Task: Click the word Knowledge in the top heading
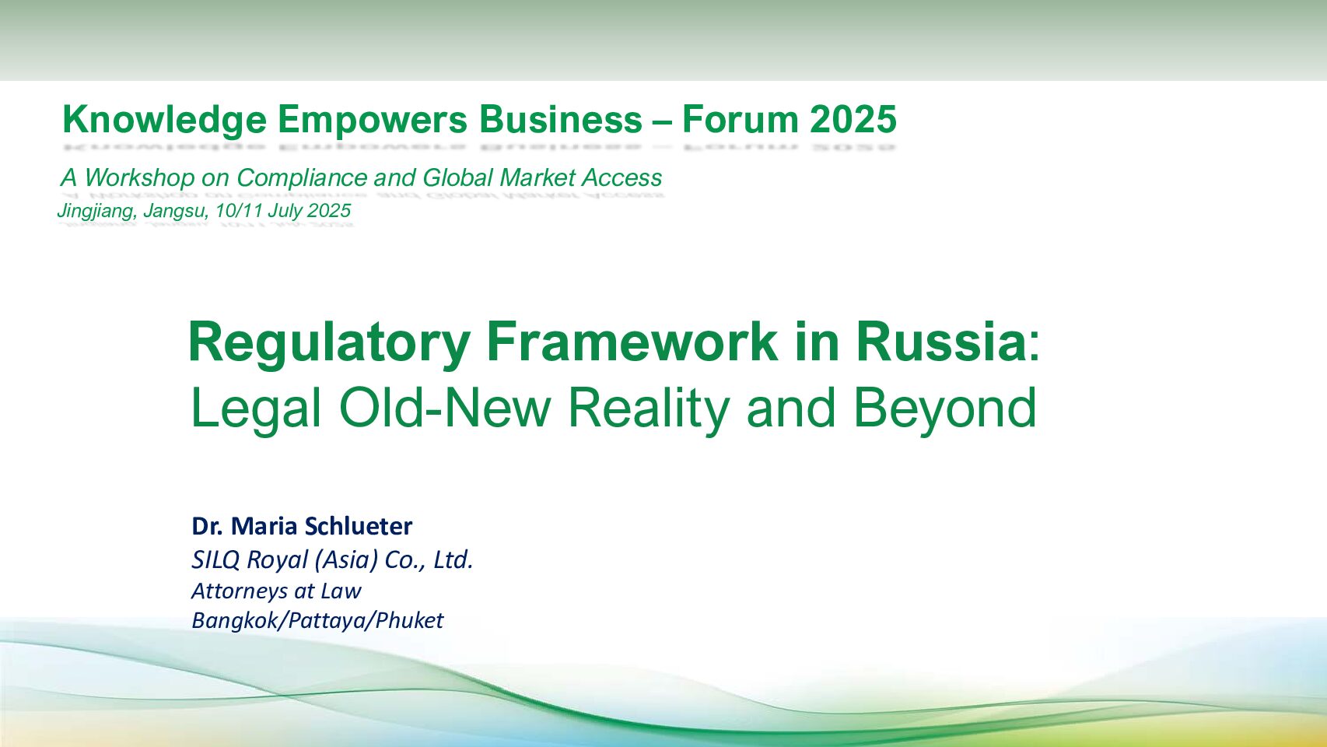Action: [165, 121]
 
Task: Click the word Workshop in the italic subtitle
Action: [139, 177]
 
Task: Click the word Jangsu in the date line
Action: [176, 211]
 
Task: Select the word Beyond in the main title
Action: [945, 410]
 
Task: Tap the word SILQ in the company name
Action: [215, 560]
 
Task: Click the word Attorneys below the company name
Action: [243, 591]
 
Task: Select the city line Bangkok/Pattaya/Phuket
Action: [317, 621]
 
